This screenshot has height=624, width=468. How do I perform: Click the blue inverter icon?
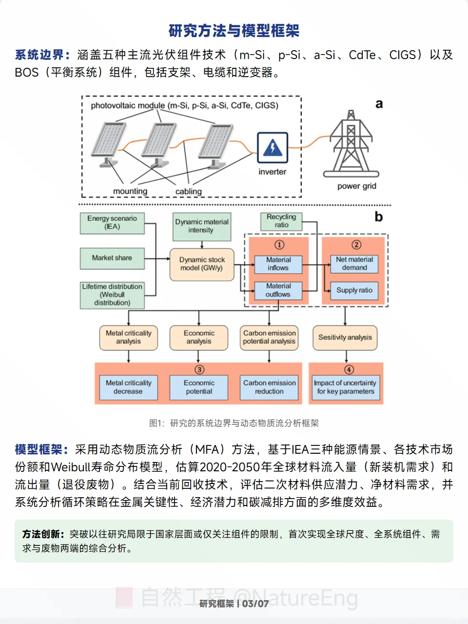[273, 147]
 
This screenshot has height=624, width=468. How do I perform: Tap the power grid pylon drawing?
[351, 143]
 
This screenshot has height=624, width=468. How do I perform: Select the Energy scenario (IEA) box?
[112, 222]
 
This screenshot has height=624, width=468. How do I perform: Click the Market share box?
[112, 258]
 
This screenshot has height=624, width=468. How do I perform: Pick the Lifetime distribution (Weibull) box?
[112, 295]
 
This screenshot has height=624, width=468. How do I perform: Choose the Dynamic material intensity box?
[201, 226]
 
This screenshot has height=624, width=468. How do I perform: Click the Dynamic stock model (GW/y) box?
[202, 264]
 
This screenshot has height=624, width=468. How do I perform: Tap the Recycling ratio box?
[281, 221]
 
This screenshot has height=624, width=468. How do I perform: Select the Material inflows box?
[278, 264]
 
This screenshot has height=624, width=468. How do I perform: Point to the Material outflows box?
[278, 290]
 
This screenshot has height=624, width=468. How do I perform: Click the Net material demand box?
[354, 264]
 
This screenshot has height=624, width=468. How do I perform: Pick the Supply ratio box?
[354, 290]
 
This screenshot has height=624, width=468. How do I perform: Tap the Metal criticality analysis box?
[129, 338]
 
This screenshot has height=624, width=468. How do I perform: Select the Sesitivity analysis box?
[345, 338]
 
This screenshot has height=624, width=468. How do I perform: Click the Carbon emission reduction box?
[269, 387]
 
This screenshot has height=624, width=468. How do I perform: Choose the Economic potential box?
[199, 387]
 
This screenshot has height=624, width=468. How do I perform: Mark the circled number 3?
[199, 370]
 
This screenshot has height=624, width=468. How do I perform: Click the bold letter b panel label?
[379, 217]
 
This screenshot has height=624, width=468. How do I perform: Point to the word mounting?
[130, 191]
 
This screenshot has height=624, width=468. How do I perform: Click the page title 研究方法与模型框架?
[234, 31]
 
